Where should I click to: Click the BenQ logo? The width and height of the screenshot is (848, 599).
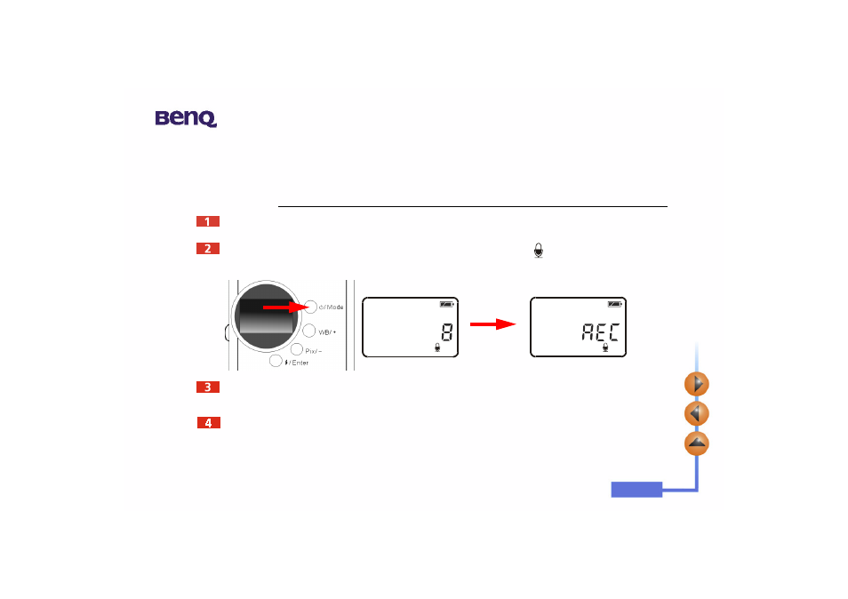pos(186,118)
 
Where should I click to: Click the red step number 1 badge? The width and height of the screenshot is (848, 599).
pos(208,221)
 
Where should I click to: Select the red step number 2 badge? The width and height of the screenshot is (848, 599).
pos(208,248)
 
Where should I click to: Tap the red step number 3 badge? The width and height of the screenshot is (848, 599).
pos(208,387)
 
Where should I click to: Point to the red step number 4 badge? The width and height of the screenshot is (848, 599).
pos(208,423)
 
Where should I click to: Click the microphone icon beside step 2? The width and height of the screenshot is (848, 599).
pos(538,251)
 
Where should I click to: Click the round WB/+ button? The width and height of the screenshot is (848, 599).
pos(308,331)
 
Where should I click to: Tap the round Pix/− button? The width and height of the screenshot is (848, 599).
pos(296,349)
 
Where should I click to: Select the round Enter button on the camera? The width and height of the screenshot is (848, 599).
pos(276,361)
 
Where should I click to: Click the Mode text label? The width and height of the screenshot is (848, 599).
pos(334,307)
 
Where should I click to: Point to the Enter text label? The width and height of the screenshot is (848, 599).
pos(300,363)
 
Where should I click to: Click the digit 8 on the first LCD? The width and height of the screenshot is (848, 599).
pos(447,331)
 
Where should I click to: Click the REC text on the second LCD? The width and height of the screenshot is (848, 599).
pos(600,331)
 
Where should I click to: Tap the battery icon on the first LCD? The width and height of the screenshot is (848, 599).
pos(447,304)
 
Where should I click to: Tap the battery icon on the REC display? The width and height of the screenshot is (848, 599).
pos(615,304)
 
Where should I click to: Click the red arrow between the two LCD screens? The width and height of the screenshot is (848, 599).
pos(492,324)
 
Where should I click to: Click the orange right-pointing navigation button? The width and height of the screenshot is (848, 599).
pos(697,385)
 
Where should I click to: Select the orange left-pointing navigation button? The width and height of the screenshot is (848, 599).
pos(697,413)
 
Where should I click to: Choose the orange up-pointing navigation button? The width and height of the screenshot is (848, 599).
pos(697,443)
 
